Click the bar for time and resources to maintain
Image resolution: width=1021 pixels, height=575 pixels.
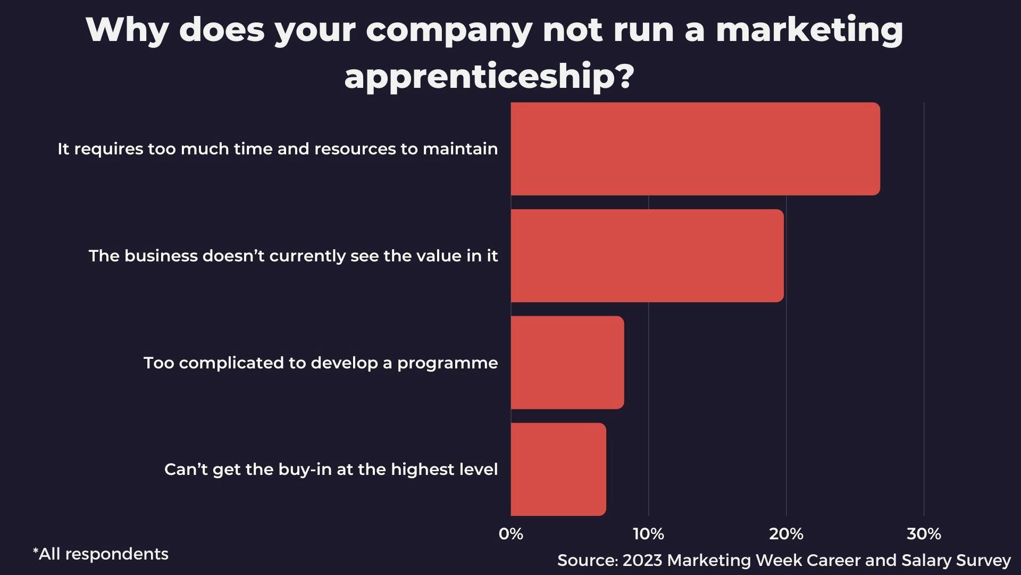point(695,149)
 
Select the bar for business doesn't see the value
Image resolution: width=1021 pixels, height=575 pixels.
point(647,256)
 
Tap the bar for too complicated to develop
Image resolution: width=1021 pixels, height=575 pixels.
point(567,363)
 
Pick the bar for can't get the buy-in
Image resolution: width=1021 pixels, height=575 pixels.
point(558,469)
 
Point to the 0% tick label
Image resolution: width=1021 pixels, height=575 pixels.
point(511,533)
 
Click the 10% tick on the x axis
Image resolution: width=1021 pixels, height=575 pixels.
point(648,533)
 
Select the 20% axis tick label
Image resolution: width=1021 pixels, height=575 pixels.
point(786,533)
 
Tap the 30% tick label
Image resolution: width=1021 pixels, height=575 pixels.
point(924,533)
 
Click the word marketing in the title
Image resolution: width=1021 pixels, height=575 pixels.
point(809,30)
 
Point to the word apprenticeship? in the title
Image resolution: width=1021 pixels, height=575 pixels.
point(489,76)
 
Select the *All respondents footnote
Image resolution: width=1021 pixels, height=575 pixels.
point(101,554)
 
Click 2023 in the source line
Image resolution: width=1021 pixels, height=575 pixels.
point(642,560)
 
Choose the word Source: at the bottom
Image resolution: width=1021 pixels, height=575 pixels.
point(588,560)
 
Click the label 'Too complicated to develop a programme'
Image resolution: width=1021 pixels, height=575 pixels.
point(321,363)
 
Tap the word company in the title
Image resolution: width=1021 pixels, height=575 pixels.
point(449,31)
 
